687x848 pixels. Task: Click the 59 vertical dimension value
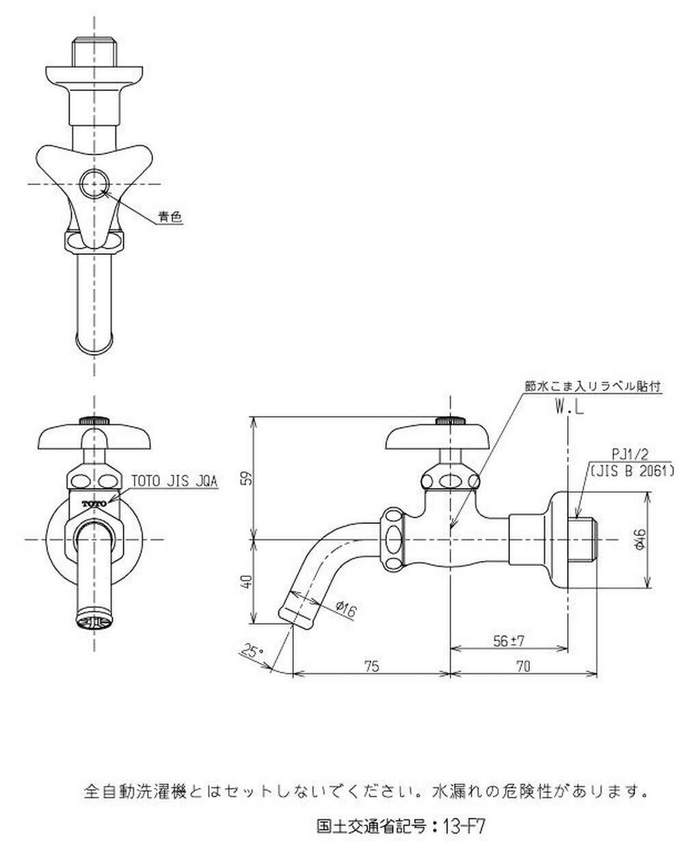pyautogui.click(x=248, y=478)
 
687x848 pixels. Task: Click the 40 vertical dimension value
pyautogui.click(x=248, y=581)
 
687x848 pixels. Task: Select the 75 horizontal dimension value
pyautogui.click(x=371, y=666)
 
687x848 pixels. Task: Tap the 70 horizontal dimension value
pyautogui.click(x=524, y=666)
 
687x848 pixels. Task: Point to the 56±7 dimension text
pyautogui.click(x=509, y=641)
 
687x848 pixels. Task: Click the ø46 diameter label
pyautogui.click(x=640, y=540)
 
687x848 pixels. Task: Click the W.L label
pyautogui.click(x=570, y=408)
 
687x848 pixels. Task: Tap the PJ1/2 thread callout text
pyautogui.click(x=630, y=454)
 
